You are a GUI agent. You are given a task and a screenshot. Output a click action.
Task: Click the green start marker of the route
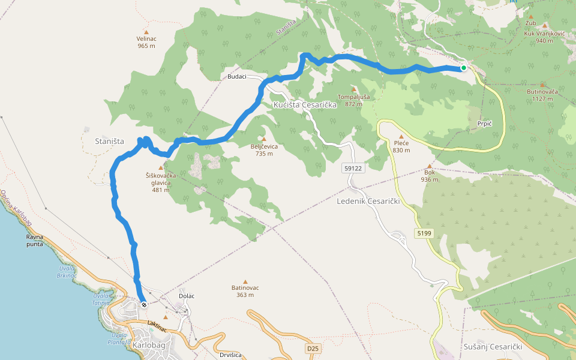tap(464, 68)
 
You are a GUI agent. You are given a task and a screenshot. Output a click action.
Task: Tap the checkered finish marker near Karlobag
tap(144, 304)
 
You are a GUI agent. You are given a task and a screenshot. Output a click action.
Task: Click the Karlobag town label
tap(148, 346)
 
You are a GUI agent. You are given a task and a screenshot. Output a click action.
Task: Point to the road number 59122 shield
tap(353, 169)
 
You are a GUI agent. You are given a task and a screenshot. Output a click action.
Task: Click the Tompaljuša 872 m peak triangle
tap(353, 89)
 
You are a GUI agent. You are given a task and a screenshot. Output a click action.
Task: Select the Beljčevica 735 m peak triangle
tap(263, 139)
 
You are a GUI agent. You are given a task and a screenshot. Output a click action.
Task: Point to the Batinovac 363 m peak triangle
tap(245, 281)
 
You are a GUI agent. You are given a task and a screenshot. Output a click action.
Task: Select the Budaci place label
tap(237, 77)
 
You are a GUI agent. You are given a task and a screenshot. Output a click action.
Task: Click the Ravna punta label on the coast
tap(34, 241)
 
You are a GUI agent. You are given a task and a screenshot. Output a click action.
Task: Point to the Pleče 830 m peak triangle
tap(402, 136)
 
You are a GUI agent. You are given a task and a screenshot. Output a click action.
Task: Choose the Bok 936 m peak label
tap(430, 176)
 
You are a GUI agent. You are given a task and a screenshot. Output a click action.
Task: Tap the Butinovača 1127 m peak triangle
tap(542, 85)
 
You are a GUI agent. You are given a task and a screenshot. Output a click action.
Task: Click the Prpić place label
tap(484, 123)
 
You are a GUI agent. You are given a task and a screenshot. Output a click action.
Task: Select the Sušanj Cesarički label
tap(493, 347)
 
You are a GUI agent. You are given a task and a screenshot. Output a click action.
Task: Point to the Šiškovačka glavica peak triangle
tap(160, 168)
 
